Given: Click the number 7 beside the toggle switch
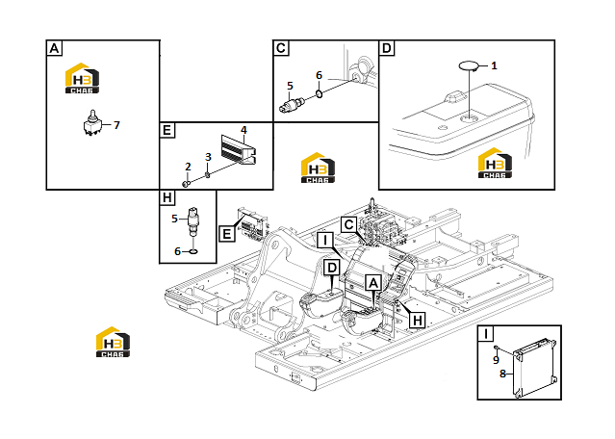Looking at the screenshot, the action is (116, 125).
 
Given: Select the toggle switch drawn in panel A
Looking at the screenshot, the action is (92, 123).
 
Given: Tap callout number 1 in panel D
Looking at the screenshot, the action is (494, 65).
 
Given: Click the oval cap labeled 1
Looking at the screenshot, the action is (469, 65).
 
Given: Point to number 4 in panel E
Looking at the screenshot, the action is (243, 130).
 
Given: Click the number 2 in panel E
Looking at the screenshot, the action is (188, 167).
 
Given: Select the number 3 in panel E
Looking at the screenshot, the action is (208, 157).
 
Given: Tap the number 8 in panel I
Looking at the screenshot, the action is (502, 374).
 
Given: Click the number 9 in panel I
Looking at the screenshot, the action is (497, 360).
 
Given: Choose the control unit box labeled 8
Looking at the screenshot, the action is (535, 367).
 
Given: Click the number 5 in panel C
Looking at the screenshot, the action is (290, 86).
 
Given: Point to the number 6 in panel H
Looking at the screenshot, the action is (178, 251).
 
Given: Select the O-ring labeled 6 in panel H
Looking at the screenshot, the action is (193, 251).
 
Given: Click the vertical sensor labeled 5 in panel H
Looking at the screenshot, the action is (193, 221).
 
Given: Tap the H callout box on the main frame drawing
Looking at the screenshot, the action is (418, 321).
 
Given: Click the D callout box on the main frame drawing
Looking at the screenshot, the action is (332, 269).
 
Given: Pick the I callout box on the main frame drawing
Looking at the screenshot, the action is (324, 240).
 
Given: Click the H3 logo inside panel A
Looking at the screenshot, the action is (82, 78).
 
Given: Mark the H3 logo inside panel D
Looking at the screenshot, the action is (495, 163).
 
